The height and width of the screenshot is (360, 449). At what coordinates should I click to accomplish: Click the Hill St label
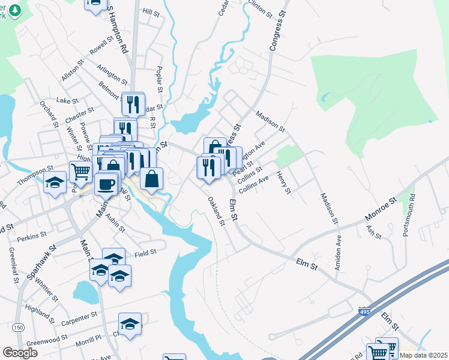coord(151,12)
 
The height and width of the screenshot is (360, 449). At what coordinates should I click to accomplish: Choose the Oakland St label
coord(216,211)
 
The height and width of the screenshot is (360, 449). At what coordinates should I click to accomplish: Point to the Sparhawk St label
coord(41,261)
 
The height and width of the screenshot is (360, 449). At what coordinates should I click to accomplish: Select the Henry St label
coord(283,182)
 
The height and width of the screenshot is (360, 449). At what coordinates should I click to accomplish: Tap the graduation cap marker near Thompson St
coord(55,182)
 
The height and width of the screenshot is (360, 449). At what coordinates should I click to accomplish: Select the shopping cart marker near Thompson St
coord(81,172)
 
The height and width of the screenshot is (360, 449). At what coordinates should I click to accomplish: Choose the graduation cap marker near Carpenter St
coord(130,324)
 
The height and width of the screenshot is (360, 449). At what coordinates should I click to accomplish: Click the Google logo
coord(20,353)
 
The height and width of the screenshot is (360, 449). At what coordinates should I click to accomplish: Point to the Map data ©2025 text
coord(424,355)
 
